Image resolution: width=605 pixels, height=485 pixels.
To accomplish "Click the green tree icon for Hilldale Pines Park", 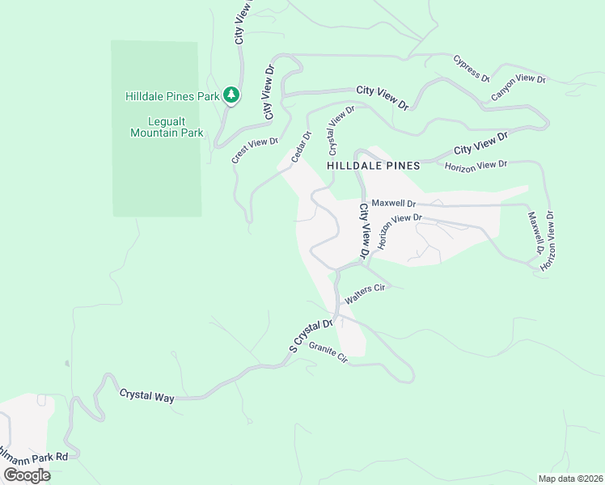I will click(x=231, y=95).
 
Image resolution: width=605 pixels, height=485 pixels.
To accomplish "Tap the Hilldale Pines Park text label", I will click(x=172, y=96).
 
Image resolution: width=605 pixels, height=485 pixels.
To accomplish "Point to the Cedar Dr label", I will click(x=301, y=147).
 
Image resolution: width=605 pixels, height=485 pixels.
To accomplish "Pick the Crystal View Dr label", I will click(x=341, y=130).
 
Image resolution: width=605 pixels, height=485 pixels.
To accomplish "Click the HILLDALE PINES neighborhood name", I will click(x=374, y=166).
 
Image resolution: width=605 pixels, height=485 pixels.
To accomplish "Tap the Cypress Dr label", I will click(x=472, y=69).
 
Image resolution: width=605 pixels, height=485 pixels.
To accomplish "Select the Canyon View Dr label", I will click(x=518, y=89).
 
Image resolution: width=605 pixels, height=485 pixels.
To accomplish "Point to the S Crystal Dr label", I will click(x=311, y=336).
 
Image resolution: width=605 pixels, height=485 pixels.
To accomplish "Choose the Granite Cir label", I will click(x=328, y=356).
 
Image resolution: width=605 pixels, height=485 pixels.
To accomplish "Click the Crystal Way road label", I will click(x=147, y=396).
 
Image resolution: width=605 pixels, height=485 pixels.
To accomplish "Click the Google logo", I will click(x=26, y=475).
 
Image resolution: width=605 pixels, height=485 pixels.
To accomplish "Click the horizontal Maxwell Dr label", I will click(x=393, y=204).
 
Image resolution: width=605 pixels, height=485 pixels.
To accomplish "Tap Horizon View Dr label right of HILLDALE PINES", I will click(x=476, y=165).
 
